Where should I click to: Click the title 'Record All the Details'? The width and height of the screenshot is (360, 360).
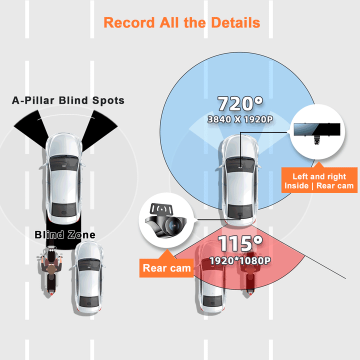181,23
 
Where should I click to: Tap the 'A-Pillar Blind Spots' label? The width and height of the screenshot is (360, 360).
68,100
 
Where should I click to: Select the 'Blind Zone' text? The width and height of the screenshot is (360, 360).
65,234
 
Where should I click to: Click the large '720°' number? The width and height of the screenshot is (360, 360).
239,104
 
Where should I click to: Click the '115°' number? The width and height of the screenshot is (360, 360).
239,244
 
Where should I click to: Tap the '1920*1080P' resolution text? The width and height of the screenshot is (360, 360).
239,260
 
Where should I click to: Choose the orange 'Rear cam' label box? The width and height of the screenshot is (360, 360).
167,268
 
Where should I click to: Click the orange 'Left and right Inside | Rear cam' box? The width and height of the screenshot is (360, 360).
319,181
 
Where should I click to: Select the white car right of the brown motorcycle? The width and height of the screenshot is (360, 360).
90,277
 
